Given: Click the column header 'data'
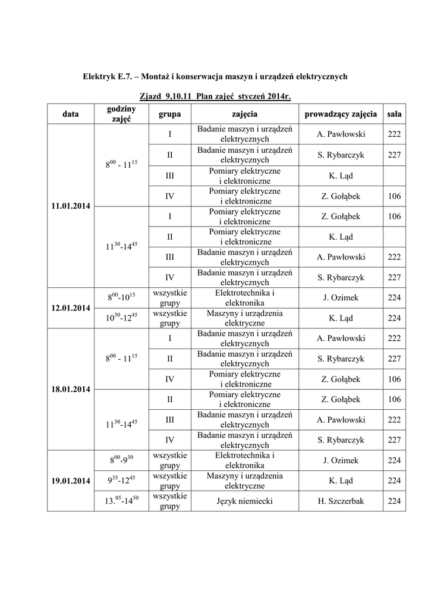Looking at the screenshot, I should (70, 114).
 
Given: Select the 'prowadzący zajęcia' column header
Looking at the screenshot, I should (340, 114).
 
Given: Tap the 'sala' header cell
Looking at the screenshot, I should (394, 114).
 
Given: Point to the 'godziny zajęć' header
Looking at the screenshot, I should (121, 114).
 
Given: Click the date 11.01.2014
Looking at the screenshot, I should (70, 206).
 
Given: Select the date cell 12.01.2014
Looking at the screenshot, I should (70, 308).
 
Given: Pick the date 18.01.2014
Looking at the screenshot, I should (70, 390).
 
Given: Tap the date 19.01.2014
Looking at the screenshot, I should (70, 481).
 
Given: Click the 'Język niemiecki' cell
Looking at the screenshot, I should (244, 501).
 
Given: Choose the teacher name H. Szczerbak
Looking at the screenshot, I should (340, 501).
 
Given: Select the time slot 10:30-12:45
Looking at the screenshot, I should (121, 318).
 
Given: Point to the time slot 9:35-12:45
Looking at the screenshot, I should (121, 481).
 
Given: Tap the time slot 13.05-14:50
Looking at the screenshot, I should (121, 501).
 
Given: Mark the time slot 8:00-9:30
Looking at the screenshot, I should (121, 460).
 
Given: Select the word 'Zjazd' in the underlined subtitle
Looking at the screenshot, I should (151, 97).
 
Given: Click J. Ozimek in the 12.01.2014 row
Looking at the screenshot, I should (340, 298).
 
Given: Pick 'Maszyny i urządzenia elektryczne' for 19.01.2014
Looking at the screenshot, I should (244, 481).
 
